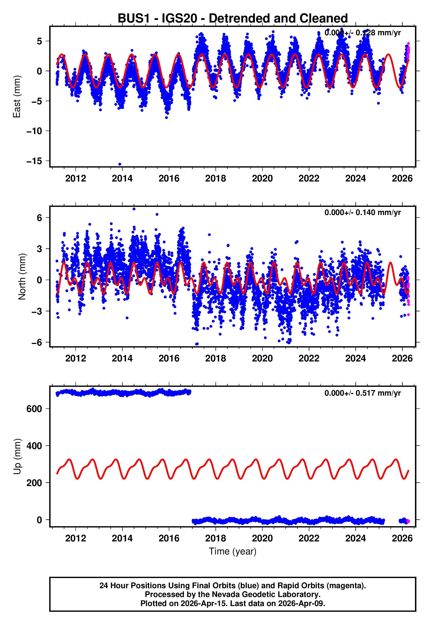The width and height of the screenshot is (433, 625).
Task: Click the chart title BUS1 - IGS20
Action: pos(233,19)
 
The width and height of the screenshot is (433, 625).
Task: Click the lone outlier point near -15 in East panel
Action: pos(120,164)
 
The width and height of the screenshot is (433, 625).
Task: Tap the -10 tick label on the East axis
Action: pos(34,131)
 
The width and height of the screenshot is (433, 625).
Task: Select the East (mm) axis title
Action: pos(17,97)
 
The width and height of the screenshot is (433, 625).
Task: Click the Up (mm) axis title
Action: pos(17,457)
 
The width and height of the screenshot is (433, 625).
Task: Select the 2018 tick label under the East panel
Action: pos(215,178)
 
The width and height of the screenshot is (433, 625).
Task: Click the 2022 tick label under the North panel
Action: pos(309,358)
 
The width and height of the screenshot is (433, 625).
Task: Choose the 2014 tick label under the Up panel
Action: pos(122,538)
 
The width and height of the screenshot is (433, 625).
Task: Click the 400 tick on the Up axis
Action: pos(34,446)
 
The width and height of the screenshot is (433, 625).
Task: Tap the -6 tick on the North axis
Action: pos(37,342)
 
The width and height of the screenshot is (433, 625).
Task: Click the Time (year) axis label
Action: pos(233,552)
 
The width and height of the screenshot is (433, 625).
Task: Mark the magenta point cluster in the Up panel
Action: pos(408,521)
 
